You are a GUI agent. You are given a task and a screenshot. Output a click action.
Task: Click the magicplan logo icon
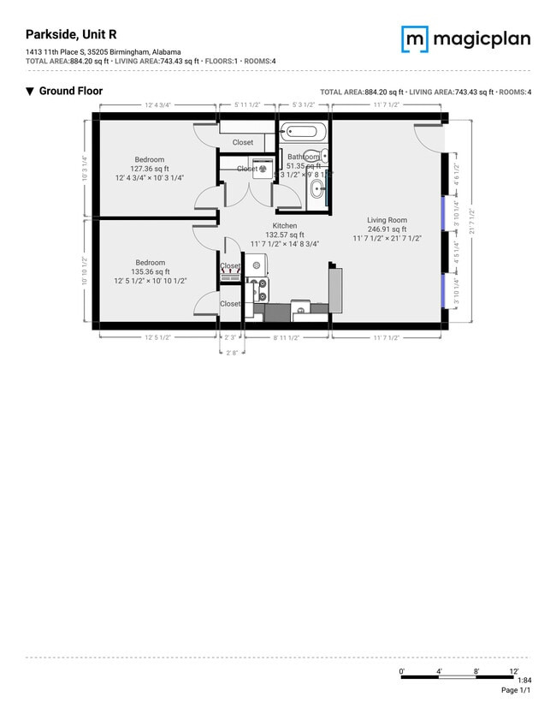pyautogui.click(x=415, y=39)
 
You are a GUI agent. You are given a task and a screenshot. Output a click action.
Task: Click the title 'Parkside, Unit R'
pyautogui.click(x=72, y=34)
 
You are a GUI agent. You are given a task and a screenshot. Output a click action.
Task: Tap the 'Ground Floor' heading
pyautogui.click(x=70, y=91)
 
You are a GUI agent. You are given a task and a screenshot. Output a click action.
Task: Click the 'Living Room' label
pyautogui.click(x=387, y=220)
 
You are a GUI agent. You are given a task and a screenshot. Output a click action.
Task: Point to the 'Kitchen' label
pyautogui.click(x=284, y=226)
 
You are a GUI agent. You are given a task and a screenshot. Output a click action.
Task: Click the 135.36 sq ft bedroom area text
pyautogui.click(x=150, y=271)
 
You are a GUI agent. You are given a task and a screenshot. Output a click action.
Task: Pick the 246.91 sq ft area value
pyautogui.click(x=387, y=229)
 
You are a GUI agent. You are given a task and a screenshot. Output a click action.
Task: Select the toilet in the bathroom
pyautogui.click(x=313, y=158)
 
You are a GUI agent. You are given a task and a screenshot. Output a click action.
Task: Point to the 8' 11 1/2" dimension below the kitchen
pyautogui.click(x=286, y=338)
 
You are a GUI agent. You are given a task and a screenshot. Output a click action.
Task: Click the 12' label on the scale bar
pyautogui.click(x=514, y=670)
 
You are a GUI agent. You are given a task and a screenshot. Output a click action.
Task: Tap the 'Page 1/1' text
pyautogui.click(x=515, y=690)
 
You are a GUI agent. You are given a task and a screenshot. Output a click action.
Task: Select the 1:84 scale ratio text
pyautogui.click(x=524, y=681)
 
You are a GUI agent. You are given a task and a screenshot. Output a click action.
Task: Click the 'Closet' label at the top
pyautogui.click(x=243, y=142)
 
